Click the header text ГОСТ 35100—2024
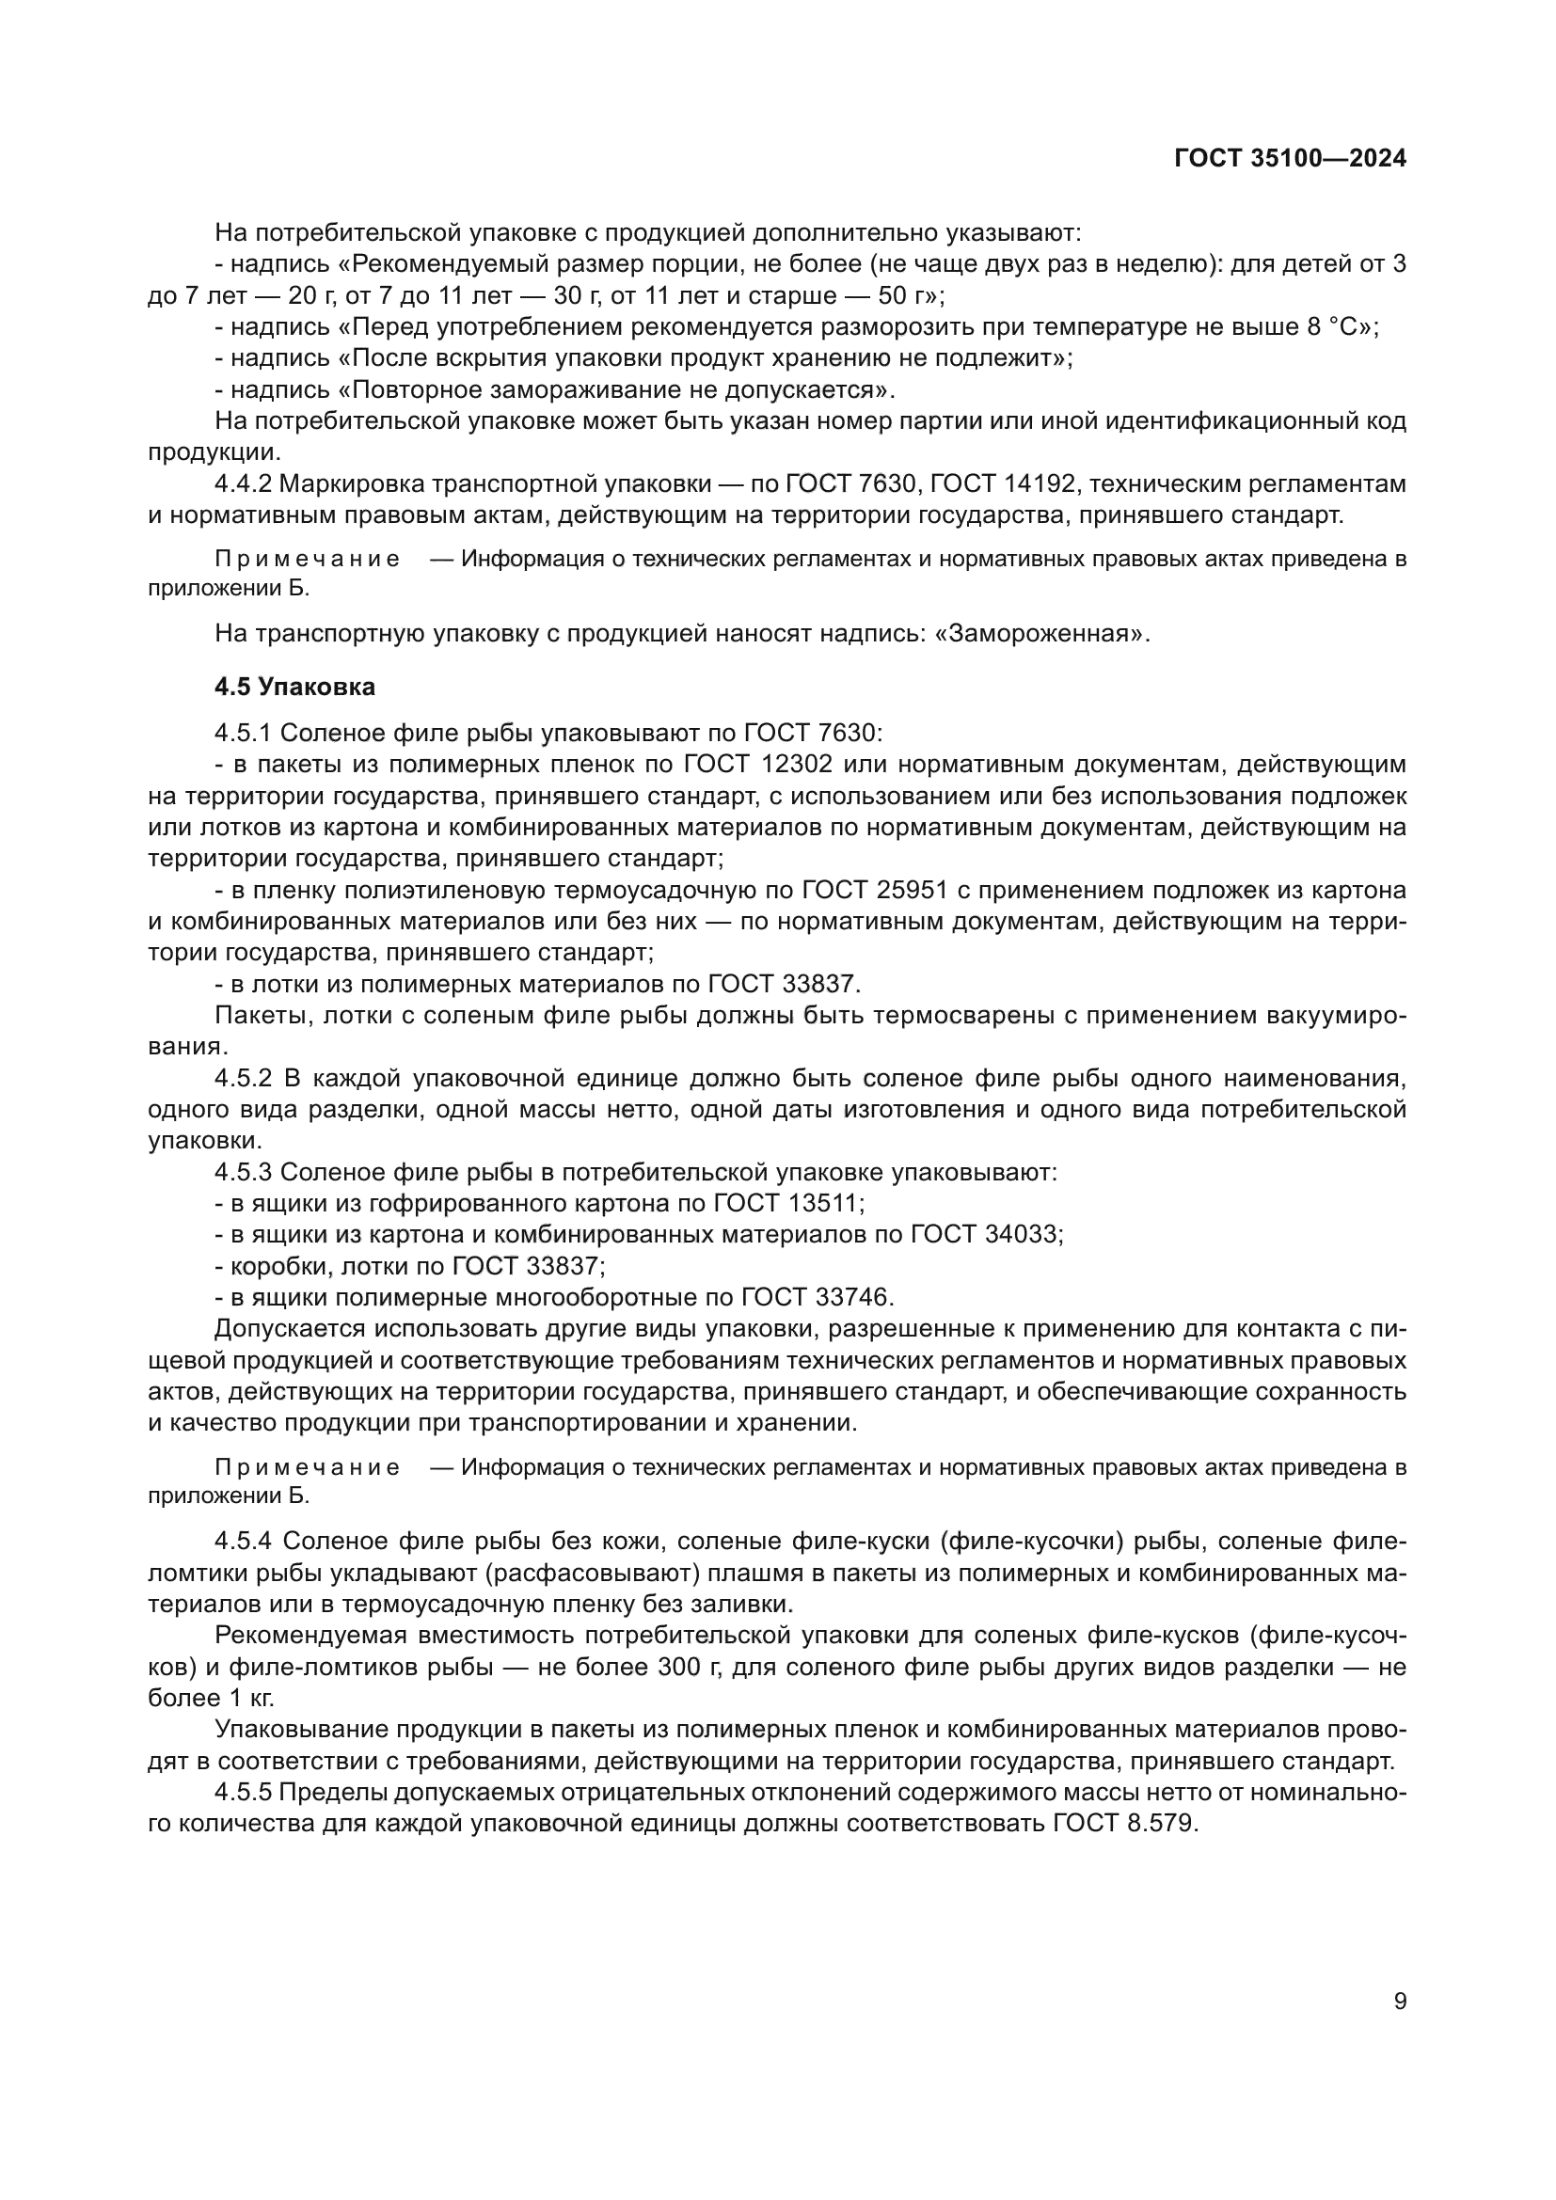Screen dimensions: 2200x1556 [x=1290, y=159]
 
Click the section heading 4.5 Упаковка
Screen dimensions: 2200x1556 [x=295, y=686]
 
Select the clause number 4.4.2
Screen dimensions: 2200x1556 [x=245, y=483]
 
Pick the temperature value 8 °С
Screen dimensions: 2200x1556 [x=1339, y=326]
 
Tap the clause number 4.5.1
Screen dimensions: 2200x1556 [x=245, y=733]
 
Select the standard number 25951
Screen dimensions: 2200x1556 [x=912, y=890]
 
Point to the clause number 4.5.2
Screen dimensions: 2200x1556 [x=245, y=1079]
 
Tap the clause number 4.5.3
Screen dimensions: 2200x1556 [x=245, y=1173]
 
